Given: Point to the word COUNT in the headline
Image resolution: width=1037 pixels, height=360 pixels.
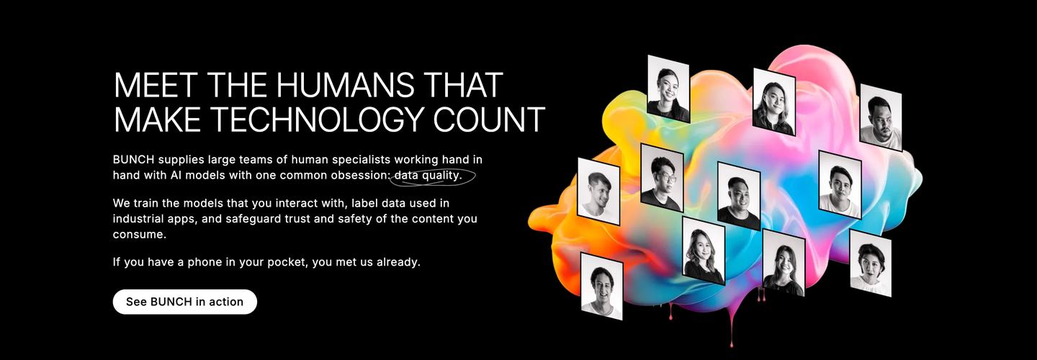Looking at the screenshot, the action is click(x=489, y=119).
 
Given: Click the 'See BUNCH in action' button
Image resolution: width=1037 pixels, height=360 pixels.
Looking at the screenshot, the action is click(x=184, y=302).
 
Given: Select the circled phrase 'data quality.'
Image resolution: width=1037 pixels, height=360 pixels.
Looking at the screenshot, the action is click(x=428, y=176).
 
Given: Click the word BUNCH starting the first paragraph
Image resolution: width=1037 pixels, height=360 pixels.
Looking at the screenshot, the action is click(x=133, y=160).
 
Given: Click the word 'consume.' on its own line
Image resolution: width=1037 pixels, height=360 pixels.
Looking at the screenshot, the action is click(x=140, y=235).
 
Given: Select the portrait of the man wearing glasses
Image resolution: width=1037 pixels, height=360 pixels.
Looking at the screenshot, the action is click(x=662, y=177).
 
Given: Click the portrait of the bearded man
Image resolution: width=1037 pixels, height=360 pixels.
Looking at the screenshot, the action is click(x=881, y=117).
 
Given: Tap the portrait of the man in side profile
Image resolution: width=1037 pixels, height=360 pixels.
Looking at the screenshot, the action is click(x=598, y=192).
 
